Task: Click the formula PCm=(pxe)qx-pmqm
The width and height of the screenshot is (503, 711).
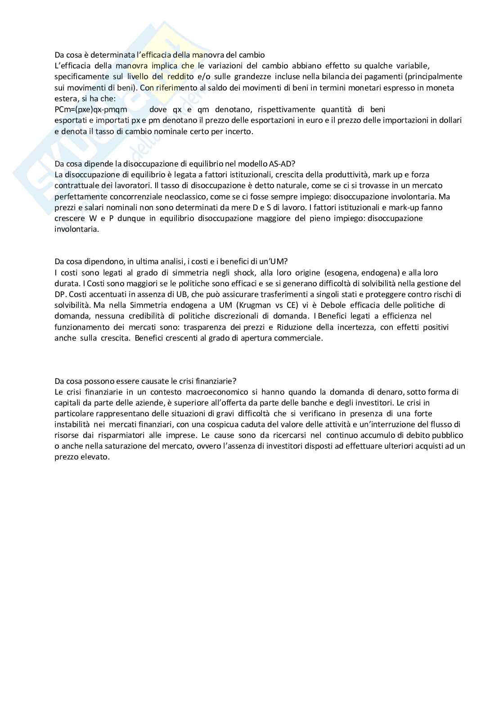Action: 91,109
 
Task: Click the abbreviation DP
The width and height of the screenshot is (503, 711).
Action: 60,294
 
